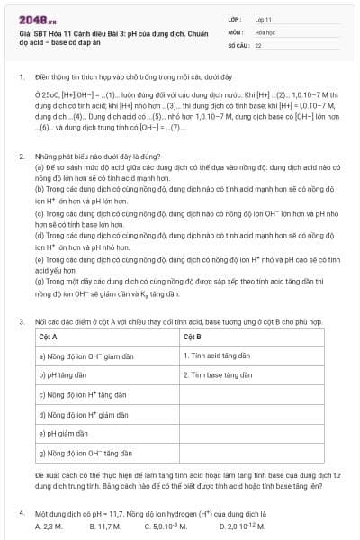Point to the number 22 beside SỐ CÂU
(258, 43)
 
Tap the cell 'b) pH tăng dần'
(63, 373)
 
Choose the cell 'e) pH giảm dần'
(64, 433)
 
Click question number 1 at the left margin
(21, 77)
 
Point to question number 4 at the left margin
(21, 512)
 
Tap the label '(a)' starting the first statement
(40, 168)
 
